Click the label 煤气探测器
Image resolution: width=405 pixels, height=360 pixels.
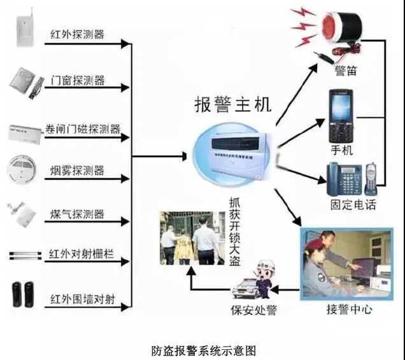77,214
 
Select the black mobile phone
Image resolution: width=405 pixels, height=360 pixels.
341,118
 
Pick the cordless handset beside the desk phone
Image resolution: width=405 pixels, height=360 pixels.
371,179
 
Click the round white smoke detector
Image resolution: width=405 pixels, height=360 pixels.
24,170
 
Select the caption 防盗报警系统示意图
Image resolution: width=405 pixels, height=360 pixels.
203,349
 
